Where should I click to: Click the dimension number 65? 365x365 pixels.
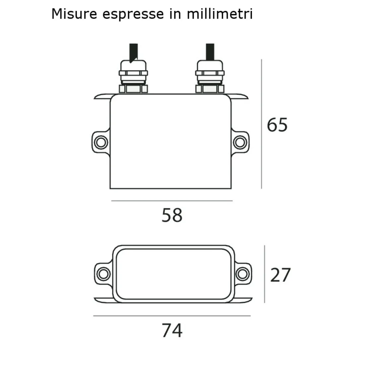[x=277, y=125]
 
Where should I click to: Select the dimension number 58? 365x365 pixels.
[x=172, y=215]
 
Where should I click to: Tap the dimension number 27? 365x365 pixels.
[x=280, y=275]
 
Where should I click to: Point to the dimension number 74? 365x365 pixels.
[x=172, y=330]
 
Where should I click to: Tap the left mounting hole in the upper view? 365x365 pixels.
[x=100, y=142]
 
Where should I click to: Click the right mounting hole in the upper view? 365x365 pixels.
[x=239, y=142]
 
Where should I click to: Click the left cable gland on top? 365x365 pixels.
[x=133, y=76]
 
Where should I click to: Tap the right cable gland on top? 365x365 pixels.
[x=210, y=76]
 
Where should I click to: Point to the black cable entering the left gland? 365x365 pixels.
[x=134, y=51]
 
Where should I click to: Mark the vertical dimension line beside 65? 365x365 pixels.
[x=261, y=124]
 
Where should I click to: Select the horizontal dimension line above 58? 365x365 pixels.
[x=172, y=201]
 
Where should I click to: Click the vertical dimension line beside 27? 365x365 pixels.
[x=264, y=274]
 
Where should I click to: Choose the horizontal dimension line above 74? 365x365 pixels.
[x=172, y=316]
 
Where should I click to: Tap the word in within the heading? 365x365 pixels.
[x=176, y=14]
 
